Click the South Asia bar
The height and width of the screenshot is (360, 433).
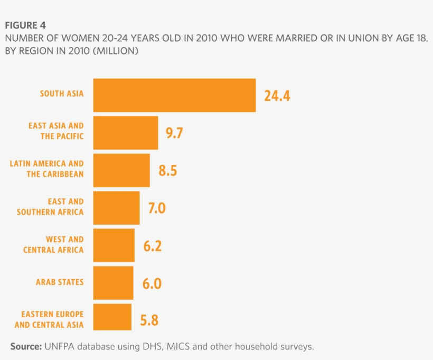(174, 95)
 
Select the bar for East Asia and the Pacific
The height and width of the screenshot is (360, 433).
(126, 133)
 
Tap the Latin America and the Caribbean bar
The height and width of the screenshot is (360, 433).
(121, 170)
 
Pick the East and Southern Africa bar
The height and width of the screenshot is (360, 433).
(116, 208)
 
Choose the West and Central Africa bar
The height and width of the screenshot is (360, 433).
(114, 245)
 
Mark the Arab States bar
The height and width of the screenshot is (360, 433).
(113, 283)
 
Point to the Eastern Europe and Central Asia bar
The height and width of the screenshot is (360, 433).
(112, 317)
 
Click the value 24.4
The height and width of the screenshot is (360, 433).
(277, 96)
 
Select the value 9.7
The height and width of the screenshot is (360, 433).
(174, 133)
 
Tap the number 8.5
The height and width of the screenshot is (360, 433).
(167, 171)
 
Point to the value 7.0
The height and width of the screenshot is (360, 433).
(157, 208)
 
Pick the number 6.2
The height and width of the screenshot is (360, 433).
(152, 246)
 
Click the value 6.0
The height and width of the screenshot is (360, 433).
(152, 283)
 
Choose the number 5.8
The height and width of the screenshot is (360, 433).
(149, 320)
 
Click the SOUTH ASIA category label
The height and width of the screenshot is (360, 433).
(62, 94)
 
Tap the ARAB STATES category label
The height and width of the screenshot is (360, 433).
(60, 282)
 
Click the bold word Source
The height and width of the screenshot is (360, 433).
(26, 347)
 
